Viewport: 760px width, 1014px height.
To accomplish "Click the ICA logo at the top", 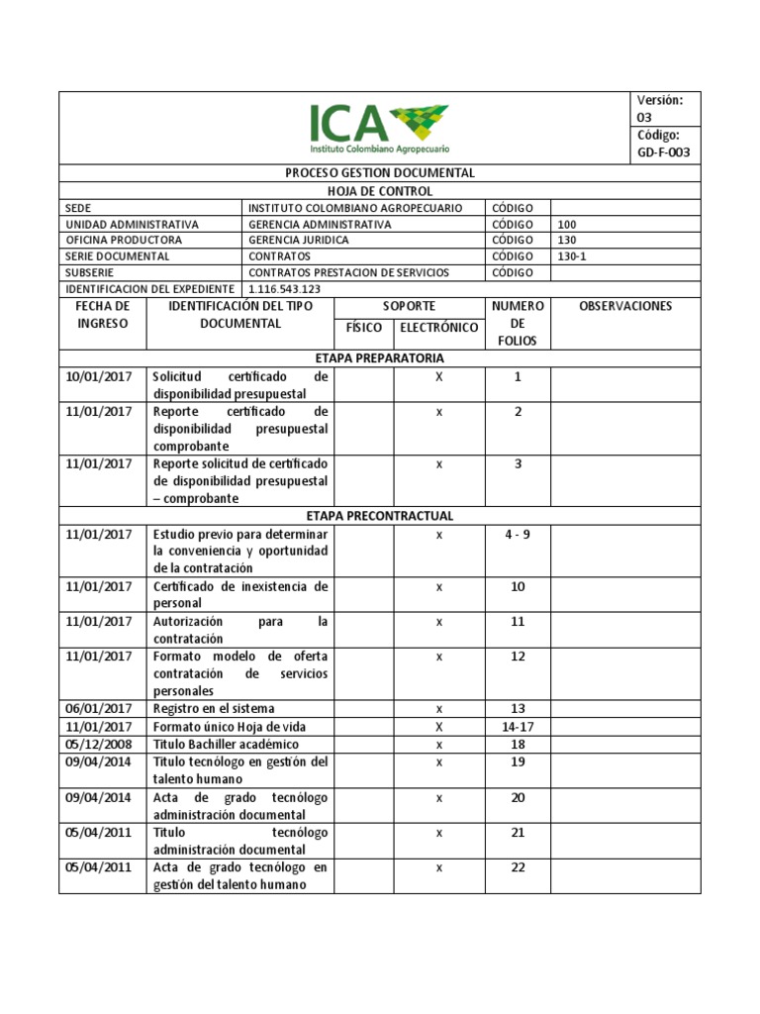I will [x=380, y=128].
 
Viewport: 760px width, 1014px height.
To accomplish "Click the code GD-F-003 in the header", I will [x=664, y=152].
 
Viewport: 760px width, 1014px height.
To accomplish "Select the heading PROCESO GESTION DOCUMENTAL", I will [x=380, y=172].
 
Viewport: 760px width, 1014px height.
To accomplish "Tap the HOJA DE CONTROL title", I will [x=380, y=190].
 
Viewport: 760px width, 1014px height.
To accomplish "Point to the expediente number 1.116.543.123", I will [x=284, y=288].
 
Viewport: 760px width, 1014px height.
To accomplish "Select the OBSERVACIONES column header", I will [x=625, y=306].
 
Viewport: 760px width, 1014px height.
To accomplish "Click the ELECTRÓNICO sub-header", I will [x=438, y=328].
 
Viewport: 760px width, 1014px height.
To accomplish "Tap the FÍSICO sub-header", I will [x=364, y=328].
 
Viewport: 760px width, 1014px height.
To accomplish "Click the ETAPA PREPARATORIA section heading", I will [x=380, y=357].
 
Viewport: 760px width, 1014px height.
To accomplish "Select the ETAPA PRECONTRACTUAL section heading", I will [x=380, y=516].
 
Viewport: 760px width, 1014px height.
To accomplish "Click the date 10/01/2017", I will [x=99, y=376].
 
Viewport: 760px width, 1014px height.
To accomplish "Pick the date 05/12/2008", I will [x=99, y=744].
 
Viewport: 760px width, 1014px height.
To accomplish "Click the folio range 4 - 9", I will [x=518, y=535].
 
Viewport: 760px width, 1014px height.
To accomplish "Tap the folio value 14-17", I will [x=518, y=726].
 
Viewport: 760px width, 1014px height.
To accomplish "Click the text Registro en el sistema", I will [x=214, y=708].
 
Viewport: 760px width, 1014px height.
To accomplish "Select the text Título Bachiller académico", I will [x=226, y=744].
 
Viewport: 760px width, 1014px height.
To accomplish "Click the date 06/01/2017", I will [x=99, y=708].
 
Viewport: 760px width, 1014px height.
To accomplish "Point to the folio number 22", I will [x=518, y=867].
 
